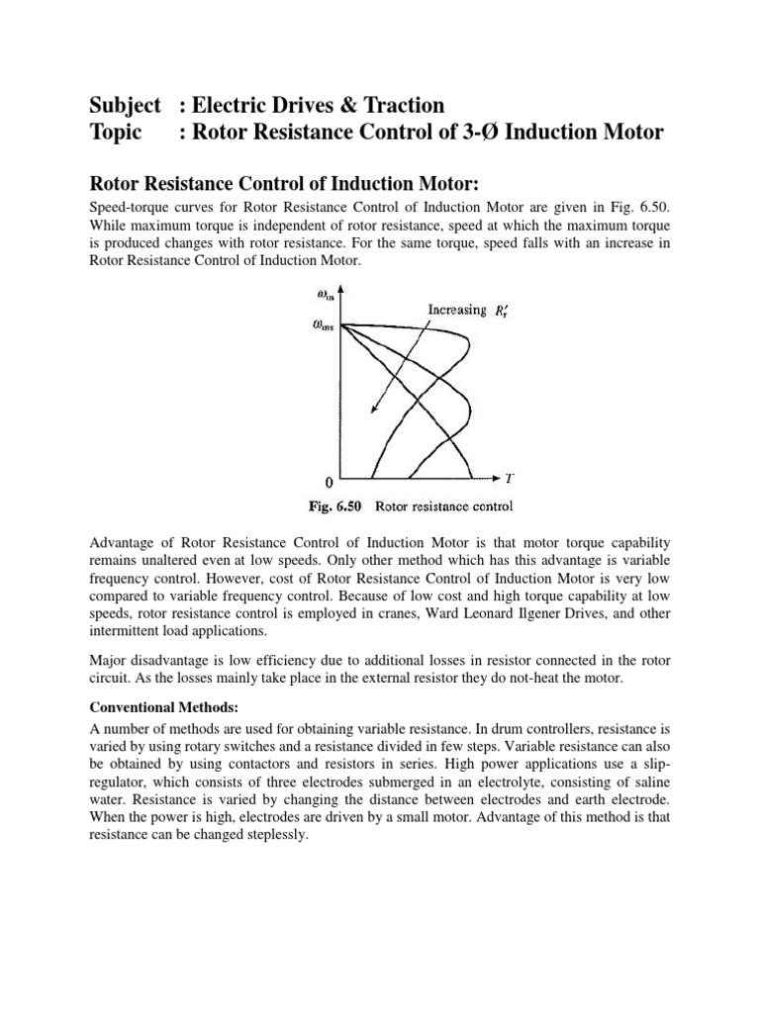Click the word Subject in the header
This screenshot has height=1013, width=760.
(125, 105)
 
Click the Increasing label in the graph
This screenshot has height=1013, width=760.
(457, 310)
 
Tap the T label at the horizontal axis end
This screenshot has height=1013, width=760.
(509, 477)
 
